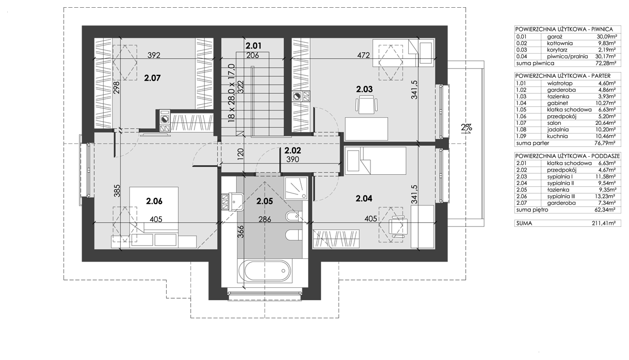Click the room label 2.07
(152, 78)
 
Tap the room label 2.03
(364, 89)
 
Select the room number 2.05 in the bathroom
(265, 201)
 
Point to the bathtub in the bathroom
(265, 271)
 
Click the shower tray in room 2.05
(296, 188)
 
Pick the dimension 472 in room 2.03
(363, 55)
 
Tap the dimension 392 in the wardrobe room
(154, 55)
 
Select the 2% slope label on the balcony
(466, 128)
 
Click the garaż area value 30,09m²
(606, 37)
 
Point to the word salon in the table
(554, 123)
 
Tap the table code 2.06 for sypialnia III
(522, 197)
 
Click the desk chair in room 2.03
(366, 104)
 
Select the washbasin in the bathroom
(236, 201)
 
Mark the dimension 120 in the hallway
(240, 154)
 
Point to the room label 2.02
(293, 151)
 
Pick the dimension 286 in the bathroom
(265, 219)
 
